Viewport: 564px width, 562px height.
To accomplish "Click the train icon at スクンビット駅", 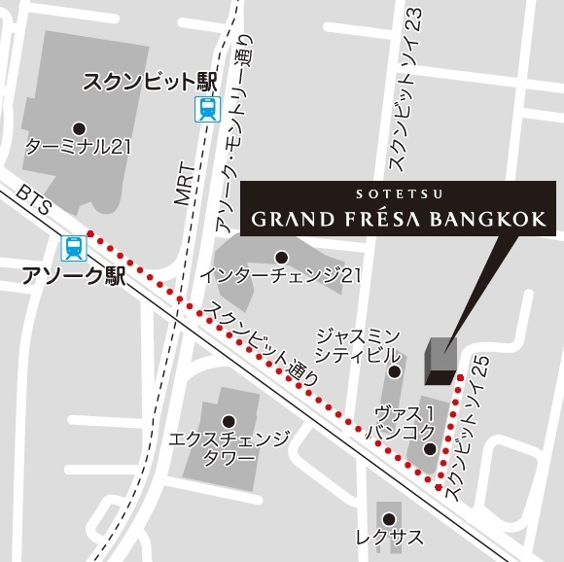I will point(206,110).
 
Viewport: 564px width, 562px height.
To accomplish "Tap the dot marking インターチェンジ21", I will point(280,257).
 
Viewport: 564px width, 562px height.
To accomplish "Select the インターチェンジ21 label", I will point(280,276).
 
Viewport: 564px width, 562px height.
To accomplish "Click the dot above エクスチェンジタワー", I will point(229,421).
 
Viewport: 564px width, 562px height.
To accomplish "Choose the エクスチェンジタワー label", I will point(229,448).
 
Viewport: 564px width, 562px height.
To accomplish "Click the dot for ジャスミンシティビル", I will point(395,370).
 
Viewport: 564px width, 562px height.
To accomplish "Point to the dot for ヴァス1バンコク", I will point(429,448).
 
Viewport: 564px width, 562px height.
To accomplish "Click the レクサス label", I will point(388,537).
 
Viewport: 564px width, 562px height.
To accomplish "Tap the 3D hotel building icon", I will point(441,359).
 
